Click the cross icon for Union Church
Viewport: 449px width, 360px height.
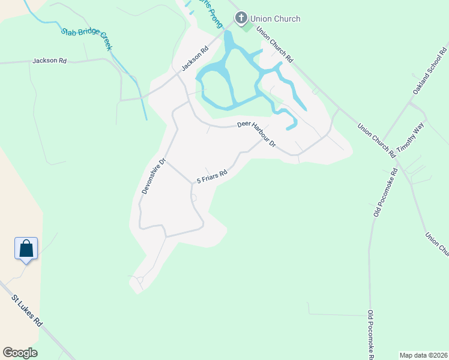[241, 19]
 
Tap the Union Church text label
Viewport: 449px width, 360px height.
[276, 19]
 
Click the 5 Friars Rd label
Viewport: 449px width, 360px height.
[211, 177]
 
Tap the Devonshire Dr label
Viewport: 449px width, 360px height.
[153, 176]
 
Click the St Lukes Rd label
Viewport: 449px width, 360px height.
[28, 310]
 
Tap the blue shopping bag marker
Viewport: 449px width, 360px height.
[26, 248]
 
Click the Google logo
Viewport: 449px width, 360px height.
[20, 353]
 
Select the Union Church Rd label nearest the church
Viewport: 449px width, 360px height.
[274, 44]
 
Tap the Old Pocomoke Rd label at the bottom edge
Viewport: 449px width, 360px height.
[370, 334]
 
